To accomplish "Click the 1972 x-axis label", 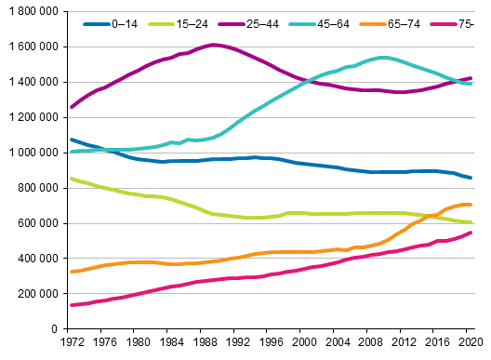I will pyautogui.click(x=68, y=343).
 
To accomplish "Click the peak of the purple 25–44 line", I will pyautogui.click(x=215, y=45).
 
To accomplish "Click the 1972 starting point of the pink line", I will pyautogui.click(x=72, y=305).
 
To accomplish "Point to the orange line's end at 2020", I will pyautogui.click(x=471, y=205).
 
